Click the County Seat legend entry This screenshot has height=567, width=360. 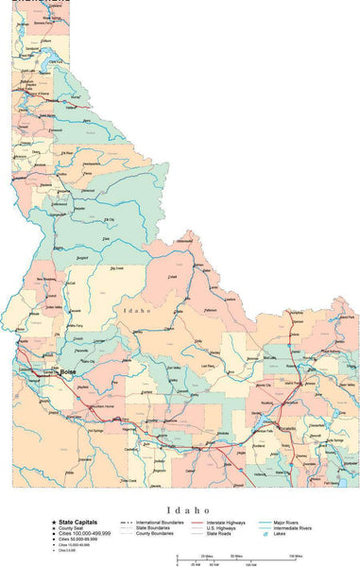point(75,527)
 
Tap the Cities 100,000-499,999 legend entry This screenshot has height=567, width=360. point(85,533)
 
